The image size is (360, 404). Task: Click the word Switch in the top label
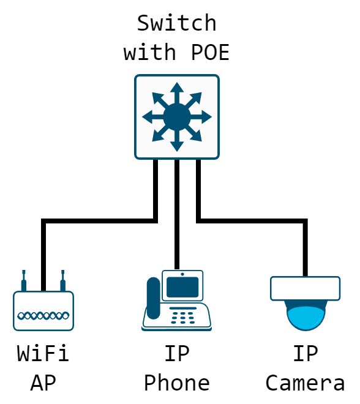click(176, 23)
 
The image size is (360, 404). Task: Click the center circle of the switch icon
click(176, 116)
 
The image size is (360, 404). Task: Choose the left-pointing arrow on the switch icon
click(149, 116)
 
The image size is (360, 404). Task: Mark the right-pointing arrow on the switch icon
click(203, 116)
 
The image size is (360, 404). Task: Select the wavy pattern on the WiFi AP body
click(43, 316)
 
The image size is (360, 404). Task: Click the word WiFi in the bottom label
click(43, 353)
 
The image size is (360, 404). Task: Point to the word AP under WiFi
click(43, 383)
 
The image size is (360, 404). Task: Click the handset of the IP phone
click(153, 298)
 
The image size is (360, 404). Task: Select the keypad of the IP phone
click(183, 316)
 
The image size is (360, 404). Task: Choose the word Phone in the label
click(176, 383)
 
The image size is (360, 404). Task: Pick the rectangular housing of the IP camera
click(305, 288)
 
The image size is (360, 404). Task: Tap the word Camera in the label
click(305, 383)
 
